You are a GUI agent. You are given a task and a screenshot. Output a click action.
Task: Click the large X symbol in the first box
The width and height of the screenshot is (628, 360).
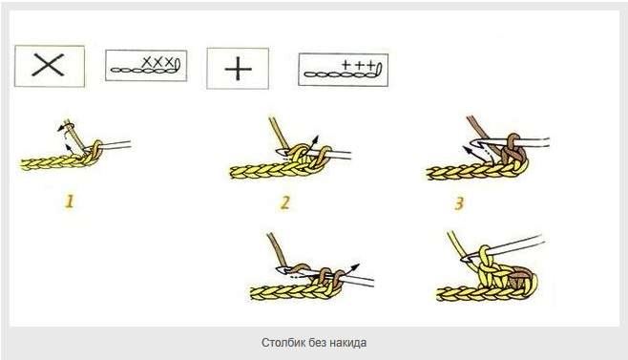pyautogui.click(x=48, y=65)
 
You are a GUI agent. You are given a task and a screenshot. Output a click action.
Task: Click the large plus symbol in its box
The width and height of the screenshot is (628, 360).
pyautogui.click(x=238, y=69)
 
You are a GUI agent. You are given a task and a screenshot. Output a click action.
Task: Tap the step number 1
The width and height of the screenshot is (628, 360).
pyautogui.click(x=70, y=201)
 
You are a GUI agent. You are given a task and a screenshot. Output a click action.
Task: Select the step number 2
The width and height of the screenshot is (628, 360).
pyautogui.click(x=284, y=202)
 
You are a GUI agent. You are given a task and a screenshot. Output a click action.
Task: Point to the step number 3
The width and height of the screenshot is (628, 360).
pyautogui.click(x=459, y=203)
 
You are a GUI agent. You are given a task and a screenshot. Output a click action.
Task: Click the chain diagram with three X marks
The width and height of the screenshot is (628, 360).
pyautogui.click(x=146, y=66)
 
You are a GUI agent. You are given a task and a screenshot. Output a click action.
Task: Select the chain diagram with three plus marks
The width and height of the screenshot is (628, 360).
pyautogui.click(x=344, y=70)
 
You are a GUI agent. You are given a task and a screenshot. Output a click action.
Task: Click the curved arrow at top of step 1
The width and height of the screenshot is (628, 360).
pyautogui.click(x=66, y=127)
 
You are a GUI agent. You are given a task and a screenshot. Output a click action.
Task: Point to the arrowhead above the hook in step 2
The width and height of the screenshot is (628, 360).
pyautogui.click(x=315, y=140)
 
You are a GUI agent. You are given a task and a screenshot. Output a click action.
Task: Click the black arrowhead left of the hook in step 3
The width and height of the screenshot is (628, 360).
pyautogui.click(x=467, y=150)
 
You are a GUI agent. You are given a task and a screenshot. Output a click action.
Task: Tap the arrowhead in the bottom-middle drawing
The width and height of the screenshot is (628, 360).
pyautogui.click(x=355, y=267)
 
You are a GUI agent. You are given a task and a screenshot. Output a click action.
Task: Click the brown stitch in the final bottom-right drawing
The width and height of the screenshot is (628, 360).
pyautogui.click(x=518, y=279)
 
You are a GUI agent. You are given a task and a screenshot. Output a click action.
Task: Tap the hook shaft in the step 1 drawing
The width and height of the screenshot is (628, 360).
pyautogui.click(x=115, y=145)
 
